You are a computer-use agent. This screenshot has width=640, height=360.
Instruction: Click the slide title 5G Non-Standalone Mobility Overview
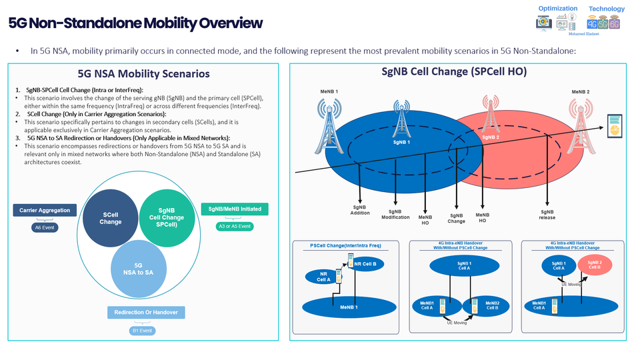(x=135, y=23)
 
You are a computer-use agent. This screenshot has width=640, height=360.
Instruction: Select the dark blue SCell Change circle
(x=111, y=217)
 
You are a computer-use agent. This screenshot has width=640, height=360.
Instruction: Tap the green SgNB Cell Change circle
(x=166, y=217)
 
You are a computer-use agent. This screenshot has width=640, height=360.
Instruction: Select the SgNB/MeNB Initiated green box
(x=235, y=209)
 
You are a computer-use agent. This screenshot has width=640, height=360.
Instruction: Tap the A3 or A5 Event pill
(x=235, y=227)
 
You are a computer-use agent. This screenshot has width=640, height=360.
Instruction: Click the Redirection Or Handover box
(x=145, y=312)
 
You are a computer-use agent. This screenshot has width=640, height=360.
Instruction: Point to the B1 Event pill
(x=145, y=330)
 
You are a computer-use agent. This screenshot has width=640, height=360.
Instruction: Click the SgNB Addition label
(x=361, y=210)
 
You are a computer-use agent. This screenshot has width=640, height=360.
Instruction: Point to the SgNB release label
(x=547, y=214)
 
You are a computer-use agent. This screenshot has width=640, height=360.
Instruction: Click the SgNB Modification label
(x=395, y=214)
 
